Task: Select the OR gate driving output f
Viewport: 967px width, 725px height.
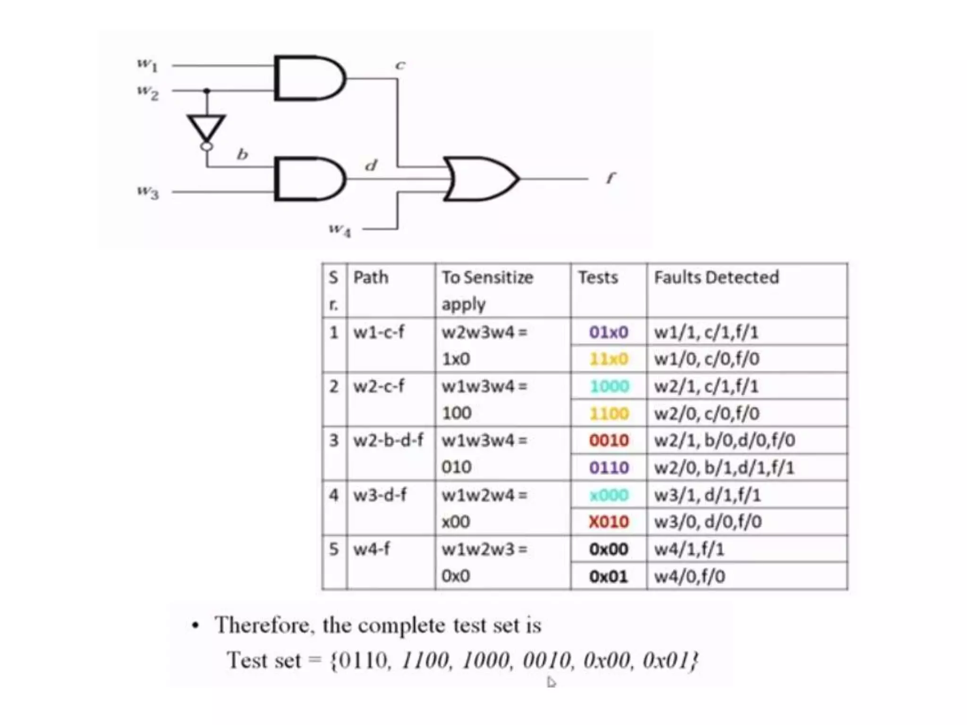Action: click(x=479, y=179)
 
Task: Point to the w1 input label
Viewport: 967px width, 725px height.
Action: click(x=147, y=64)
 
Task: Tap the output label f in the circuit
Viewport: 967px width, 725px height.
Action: click(x=611, y=178)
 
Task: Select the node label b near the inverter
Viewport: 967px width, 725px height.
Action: click(x=242, y=154)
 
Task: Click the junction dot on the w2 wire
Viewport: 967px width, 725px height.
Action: click(x=206, y=90)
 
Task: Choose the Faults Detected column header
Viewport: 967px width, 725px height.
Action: click(x=716, y=277)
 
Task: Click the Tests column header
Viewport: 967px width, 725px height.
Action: click(x=598, y=277)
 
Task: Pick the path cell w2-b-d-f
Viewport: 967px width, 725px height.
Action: click(x=388, y=440)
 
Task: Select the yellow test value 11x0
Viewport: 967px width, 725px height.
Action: click(x=609, y=359)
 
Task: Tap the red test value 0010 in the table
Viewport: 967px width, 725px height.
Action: click(x=609, y=440)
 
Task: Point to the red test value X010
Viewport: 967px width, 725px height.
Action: click(x=609, y=522)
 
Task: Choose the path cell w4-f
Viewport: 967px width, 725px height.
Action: click(x=372, y=549)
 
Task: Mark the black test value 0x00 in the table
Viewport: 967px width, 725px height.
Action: click(x=609, y=549)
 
